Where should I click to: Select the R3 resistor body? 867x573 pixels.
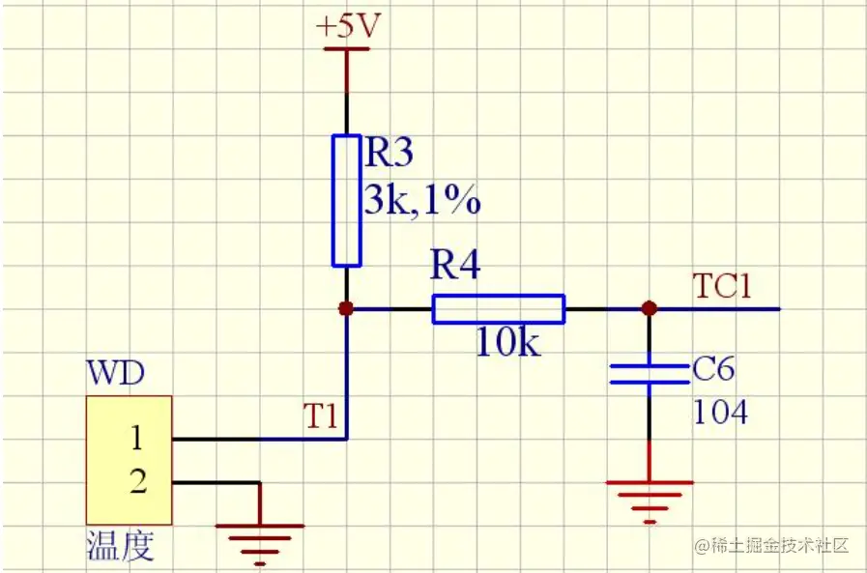tap(346, 200)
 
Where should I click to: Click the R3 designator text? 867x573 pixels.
tap(389, 153)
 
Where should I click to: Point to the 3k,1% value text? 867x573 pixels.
tap(421, 201)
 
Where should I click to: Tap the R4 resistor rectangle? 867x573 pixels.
tap(497, 309)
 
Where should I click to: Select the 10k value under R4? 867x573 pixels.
tap(508, 343)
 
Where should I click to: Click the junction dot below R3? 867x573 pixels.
tap(346, 309)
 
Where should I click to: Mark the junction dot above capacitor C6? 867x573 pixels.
tap(649, 309)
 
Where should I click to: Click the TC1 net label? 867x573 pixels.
tap(721, 286)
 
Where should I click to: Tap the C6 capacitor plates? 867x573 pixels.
tap(649, 374)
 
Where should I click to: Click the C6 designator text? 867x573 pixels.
tap(714, 370)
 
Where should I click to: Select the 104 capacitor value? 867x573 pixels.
tap(720, 413)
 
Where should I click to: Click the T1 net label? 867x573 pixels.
tap(320, 416)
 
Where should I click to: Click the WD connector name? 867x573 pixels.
tap(115, 374)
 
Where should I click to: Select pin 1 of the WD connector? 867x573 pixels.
tap(137, 440)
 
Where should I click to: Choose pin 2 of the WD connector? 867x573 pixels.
tap(137, 481)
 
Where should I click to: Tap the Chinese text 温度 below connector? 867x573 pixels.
tap(120, 547)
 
